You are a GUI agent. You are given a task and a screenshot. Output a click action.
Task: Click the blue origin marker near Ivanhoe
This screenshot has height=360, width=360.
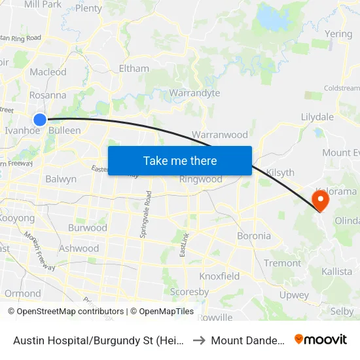click(40, 119)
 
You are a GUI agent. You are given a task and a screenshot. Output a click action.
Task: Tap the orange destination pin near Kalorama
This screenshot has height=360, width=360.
click(321, 198)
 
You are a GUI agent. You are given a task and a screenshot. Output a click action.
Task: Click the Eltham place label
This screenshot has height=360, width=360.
click(134, 68)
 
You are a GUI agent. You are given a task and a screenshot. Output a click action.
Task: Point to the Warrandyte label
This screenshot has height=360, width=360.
click(194, 93)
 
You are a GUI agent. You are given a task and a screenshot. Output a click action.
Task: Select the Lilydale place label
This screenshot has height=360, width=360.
click(317, 117)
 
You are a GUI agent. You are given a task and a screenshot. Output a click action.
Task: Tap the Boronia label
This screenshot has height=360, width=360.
click(254, 236)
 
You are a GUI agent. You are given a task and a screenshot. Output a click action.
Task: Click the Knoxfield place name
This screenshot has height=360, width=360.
click(219, 276)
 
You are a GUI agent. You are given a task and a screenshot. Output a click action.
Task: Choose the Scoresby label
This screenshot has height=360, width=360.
click(189, 292)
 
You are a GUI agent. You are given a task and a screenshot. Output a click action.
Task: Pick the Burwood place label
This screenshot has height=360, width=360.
click(88, 228)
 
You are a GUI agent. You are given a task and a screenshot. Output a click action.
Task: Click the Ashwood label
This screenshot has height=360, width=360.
click(79, 248)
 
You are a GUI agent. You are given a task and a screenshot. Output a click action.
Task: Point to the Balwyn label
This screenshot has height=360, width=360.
click(61, 179)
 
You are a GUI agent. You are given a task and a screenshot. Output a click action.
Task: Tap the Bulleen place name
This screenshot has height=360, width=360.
click(65, 130)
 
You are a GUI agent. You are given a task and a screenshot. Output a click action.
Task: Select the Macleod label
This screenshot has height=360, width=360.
click(48, 72)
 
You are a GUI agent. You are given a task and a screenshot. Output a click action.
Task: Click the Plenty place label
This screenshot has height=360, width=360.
click(89, 9)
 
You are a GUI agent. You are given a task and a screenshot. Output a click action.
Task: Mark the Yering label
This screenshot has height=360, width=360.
click(338, 34)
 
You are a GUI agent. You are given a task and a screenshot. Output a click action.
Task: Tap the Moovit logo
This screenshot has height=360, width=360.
click(321, 339)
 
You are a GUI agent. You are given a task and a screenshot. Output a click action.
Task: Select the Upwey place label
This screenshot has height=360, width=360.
click(294, 295)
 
